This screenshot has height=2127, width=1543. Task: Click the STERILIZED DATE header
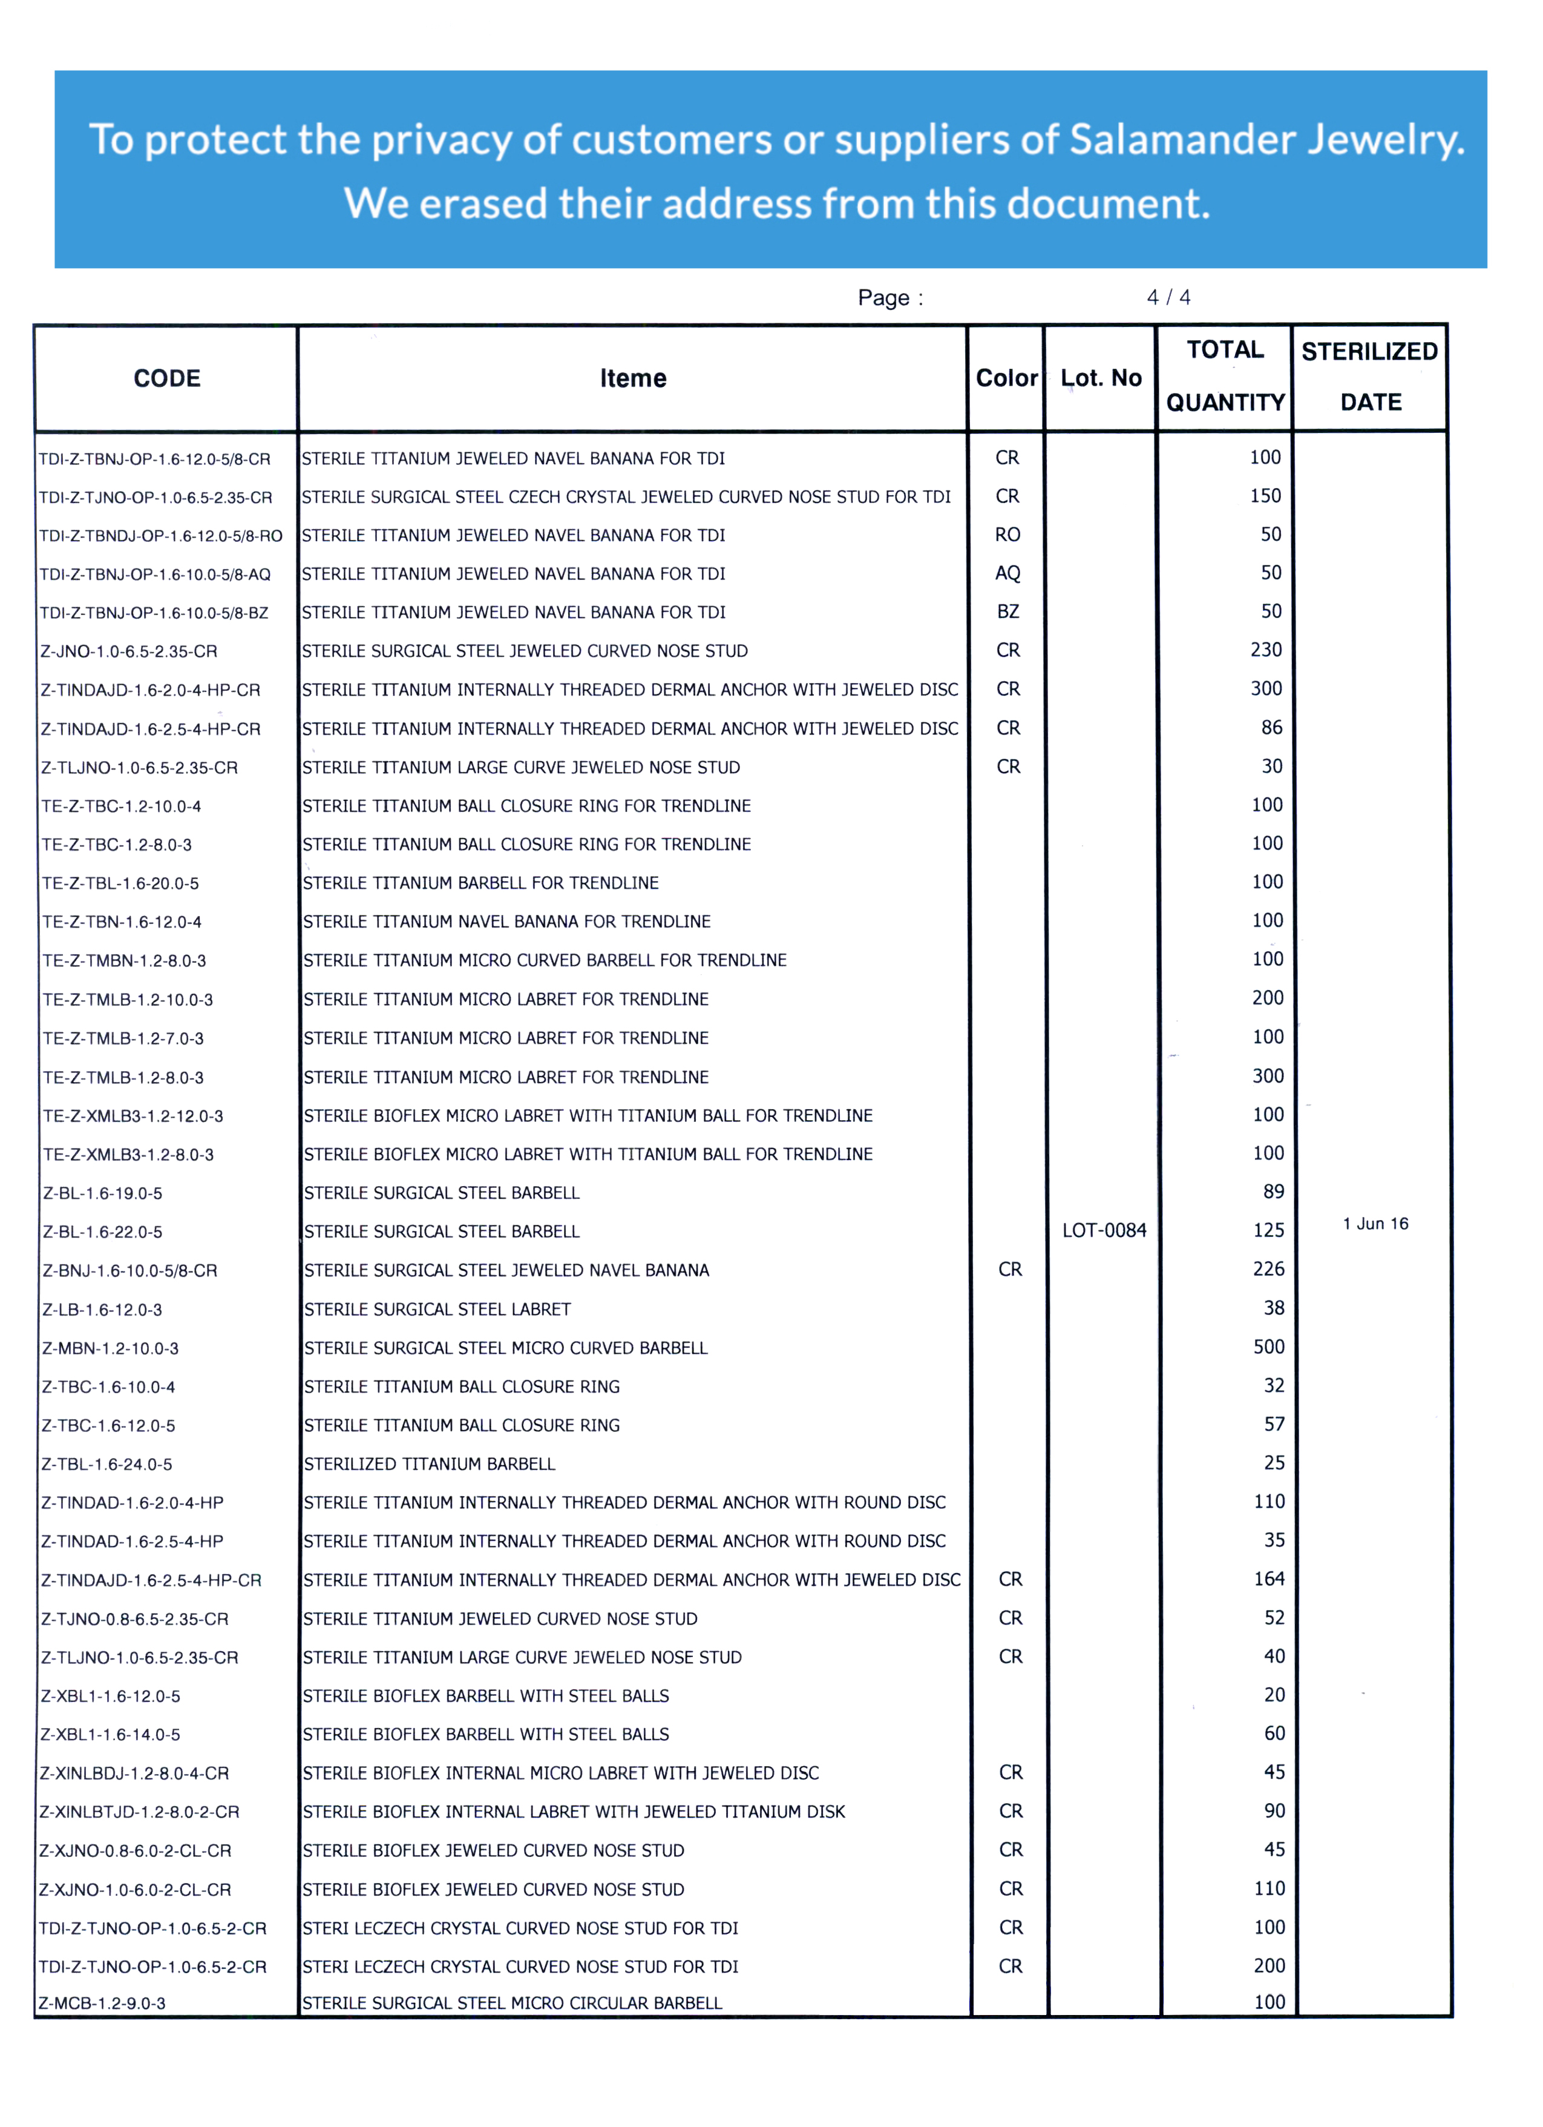click(x=1369, y=376)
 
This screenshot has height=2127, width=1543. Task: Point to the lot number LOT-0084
click(x=1103, y=1230)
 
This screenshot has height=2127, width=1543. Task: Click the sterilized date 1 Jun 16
click(x=1375, y=1224)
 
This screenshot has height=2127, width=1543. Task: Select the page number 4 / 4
click(x=1168, y=297)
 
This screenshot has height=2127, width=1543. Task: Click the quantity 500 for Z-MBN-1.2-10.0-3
click(x=1268, y=1347)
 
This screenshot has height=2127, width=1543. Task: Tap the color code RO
click(x=1007, y=535)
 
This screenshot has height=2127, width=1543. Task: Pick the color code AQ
click(x=1007, y=573)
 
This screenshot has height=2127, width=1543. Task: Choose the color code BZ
click(x=1007, y=612)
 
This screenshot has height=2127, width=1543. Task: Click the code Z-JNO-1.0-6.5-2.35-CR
click(x=128, y=651)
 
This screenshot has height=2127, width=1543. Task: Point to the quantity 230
click(x=1265, y=650)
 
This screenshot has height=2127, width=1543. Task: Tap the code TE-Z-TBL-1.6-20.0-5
click(x=120, y=883)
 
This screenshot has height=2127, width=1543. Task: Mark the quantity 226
click(x=1268, y=1269)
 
